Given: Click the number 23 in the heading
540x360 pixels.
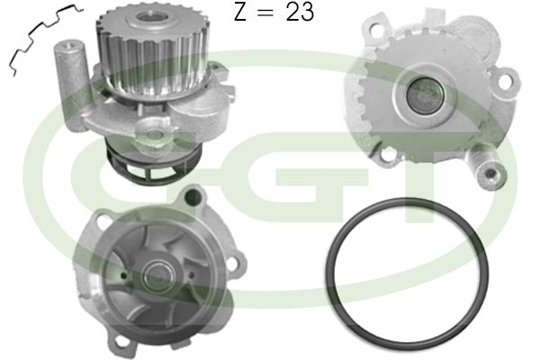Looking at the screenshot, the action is coord(300,12).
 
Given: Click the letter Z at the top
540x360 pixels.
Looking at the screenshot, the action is coord(240,12).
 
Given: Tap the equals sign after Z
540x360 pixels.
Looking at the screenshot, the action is coord(265,13).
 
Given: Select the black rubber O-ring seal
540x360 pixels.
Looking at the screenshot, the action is coord(407,272).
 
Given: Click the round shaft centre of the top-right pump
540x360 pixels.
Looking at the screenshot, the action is coord(424,94).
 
